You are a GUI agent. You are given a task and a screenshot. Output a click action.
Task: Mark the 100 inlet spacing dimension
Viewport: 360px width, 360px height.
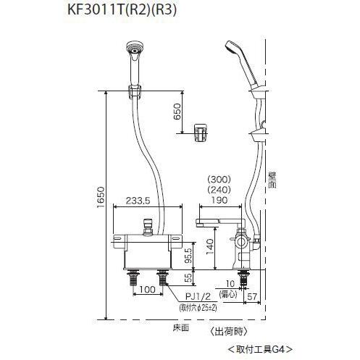(147, 290)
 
